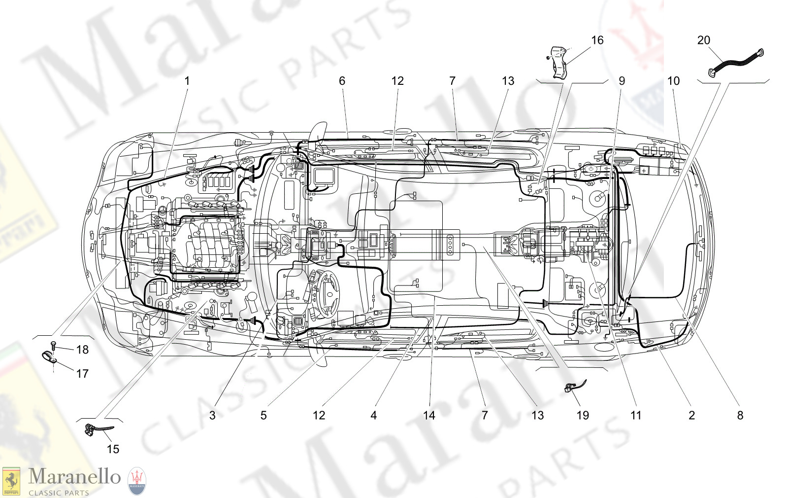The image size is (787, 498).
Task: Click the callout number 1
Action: tap(187, 81)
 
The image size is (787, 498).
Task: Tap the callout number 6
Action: tap(342, 81)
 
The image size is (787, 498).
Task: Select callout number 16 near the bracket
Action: tap(597, 40)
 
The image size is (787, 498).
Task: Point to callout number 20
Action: tap(704, 40)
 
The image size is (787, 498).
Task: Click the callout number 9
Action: tap(622, 81)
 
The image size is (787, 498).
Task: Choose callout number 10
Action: tap(673, 81)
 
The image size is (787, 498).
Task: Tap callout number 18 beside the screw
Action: tap(82, 350)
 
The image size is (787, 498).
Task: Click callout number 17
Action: tap(82, 374)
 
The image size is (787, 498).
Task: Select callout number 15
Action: tap(113, 449)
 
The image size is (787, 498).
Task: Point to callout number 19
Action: tap(583, 416)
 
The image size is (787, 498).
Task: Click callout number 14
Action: tap(429, 416)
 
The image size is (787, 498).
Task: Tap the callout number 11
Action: tap(636, 416)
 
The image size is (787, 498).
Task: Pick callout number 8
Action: tap(740, 416)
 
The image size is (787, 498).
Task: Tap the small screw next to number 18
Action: tap(53, 346)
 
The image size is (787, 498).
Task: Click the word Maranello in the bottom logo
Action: tap(74, 476)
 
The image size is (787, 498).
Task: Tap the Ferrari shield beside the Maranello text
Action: tap(11, 481)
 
